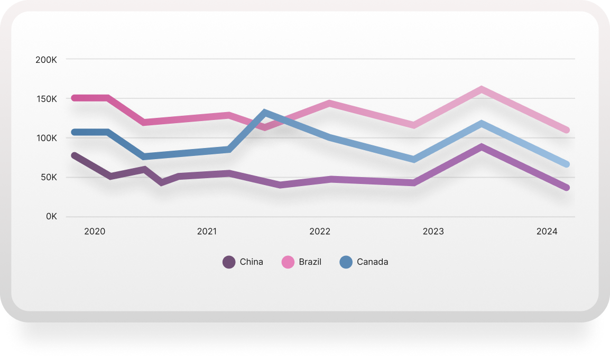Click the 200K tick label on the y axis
[46, 60]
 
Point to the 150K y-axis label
[46, 99]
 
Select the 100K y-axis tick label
[46, 138]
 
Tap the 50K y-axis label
[48, 177]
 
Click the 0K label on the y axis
[51, 217]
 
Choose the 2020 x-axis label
[95, 232]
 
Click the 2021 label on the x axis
[207, 232]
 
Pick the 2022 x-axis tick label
[320, 232]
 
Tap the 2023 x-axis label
[433, 232]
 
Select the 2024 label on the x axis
[547, 232]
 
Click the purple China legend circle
[229, 262]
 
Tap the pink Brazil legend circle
[288, 262]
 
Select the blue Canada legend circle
[346, 262]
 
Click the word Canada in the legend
[372, 262]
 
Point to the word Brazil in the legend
[310, 262]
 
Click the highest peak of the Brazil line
[482, 89]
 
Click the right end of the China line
[567, 188]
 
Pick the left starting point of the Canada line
[74, 132]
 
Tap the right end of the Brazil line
[567, 130]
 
